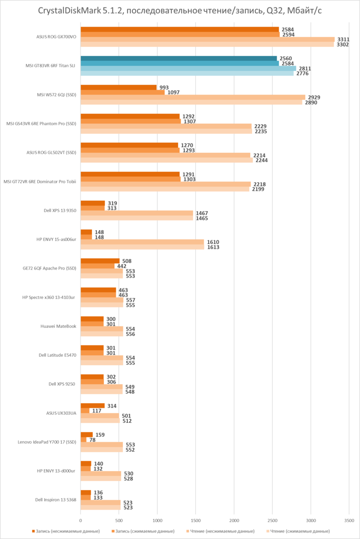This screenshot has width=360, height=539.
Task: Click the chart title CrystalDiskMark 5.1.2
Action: click(180, 10)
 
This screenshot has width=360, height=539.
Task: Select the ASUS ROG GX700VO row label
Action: click(56, 36)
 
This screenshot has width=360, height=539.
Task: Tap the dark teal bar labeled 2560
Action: click(178, 58)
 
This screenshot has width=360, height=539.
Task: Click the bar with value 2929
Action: click(193, 97)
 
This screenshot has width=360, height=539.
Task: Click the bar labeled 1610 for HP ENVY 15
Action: click(142, 242)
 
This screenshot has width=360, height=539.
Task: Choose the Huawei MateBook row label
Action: click(58, 326)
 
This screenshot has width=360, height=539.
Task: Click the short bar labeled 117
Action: click(85, 411)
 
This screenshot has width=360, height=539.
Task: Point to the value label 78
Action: click(91, 440)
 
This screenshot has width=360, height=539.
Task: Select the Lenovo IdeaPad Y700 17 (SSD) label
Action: click(47, 442)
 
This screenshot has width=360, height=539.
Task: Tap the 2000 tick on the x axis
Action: click(234, 520)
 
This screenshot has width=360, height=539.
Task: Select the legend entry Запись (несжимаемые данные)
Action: click(67, 531)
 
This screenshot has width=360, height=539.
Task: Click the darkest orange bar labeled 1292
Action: click(130, 116)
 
